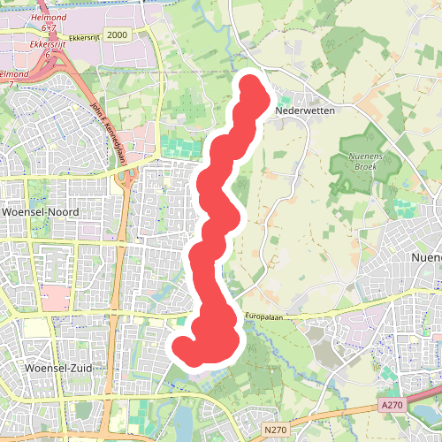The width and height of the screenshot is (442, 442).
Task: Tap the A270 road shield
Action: (393, 404)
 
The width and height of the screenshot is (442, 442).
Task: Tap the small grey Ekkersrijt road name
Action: (81, 35)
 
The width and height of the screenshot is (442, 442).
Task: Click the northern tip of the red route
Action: (251, 87)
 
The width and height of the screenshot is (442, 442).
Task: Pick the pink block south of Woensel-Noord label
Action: (53, 298)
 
